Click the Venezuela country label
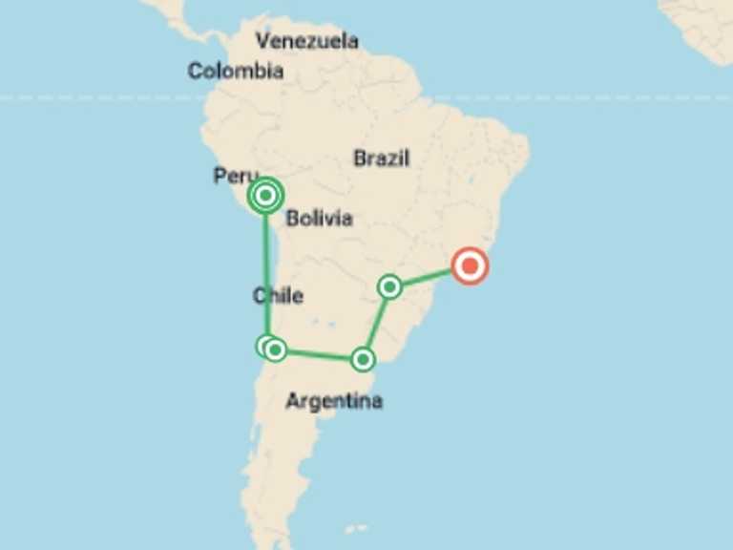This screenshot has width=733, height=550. [x=307, y=41]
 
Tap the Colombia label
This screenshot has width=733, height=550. [x=235, y=71]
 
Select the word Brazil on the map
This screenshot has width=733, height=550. [x=381, y=159]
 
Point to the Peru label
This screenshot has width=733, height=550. [x=235, y=176]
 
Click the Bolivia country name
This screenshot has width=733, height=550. [x=319, y=218]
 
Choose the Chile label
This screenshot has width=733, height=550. [x=278, y=295]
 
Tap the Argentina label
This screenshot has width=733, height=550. [x=334, y=401]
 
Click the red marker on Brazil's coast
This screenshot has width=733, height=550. [x=469, y=266]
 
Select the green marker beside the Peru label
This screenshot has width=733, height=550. [x=266, y=196]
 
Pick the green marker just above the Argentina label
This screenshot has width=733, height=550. [x=363, y=359]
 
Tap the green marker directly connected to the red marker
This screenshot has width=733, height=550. [x=389, y=286]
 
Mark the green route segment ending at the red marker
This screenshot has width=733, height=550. [x=429, y=277]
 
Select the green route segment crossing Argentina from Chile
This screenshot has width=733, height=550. [x=320, y=354]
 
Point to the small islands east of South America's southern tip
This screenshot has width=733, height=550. [x=355, y=528]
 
